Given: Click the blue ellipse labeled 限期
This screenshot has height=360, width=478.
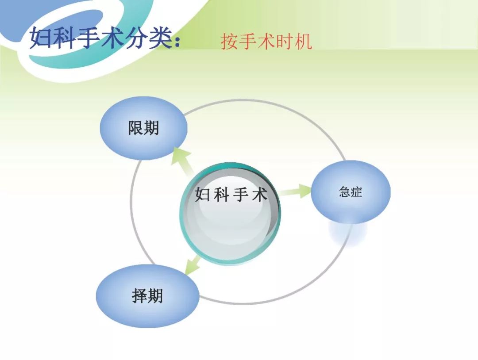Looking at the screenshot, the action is (143, 128).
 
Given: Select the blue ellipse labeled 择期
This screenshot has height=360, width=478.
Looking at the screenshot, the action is (147, 296).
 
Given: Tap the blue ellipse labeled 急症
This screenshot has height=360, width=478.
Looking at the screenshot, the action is (351, 192).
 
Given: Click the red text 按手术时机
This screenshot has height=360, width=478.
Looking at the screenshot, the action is (266, 42).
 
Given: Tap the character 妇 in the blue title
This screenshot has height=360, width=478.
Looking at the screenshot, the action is (42, 38).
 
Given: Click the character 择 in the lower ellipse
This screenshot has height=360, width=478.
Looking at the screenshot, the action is (139, 296).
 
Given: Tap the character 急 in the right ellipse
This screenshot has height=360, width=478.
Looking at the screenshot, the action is (345, 192).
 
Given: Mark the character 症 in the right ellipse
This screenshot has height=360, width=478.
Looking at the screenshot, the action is (356, 192).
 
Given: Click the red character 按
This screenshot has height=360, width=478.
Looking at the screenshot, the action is (229, 42).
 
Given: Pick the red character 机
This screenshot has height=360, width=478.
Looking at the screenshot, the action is (304, 42).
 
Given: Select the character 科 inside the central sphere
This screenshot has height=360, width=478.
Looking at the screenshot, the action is (221, 195).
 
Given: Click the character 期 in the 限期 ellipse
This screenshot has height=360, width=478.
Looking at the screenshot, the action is (151, 128).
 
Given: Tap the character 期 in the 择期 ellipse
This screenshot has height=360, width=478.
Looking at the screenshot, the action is (155, 296).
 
